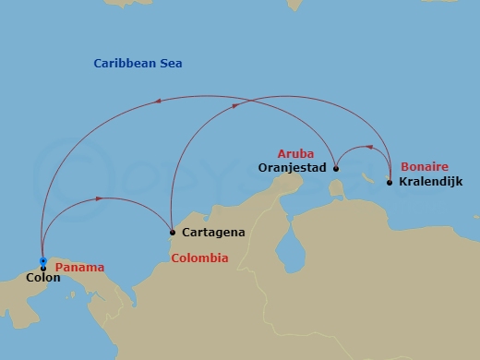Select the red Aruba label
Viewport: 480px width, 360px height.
point(295,153)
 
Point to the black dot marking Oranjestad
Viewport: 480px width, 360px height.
point(336,169)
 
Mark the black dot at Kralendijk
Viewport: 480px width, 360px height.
point(390,183)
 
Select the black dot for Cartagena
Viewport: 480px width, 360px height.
point(172,232)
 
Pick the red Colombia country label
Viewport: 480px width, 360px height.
point(199,258)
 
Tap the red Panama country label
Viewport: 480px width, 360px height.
point(79,268)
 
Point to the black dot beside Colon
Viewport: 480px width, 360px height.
point(43,269)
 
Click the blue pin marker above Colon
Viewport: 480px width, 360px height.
point(43,261)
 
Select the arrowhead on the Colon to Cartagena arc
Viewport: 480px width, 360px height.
point(99,198)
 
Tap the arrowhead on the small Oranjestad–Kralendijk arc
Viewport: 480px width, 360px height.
point(371,146)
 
